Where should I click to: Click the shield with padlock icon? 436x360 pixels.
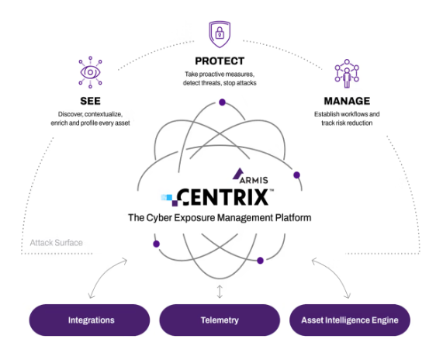pyautogui.click(x=220, y=34)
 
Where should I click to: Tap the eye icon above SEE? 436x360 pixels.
pyautogui.click(x=90, y=72)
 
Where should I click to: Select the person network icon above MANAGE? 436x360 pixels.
pyautogui.click(x=347, y=74)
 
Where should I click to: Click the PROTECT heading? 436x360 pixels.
pyautogui.click(x=220, y=61)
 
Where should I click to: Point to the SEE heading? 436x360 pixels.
pyautogui.click(x=90, y=101)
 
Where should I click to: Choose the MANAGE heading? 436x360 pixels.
pyautogui.click(x=347, y=101)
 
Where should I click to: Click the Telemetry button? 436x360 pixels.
pyautogui.click(x=220, y=320)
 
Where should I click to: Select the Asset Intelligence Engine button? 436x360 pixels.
pyautogui.click(x=350, y=320)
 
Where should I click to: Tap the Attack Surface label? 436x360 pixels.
pyautogui.click(x=57, y=243)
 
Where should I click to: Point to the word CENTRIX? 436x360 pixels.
pyautogui.click(x=223, y=197)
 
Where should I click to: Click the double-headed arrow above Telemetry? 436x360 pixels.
pyautogui.click(x=220, y=292)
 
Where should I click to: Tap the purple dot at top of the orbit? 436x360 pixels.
pyautogui.click(x=222, y=102)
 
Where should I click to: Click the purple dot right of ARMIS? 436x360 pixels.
pyautogui.click(x=296, y=175)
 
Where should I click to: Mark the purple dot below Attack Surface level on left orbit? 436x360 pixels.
pyautogui.click(x=156, y=244)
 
